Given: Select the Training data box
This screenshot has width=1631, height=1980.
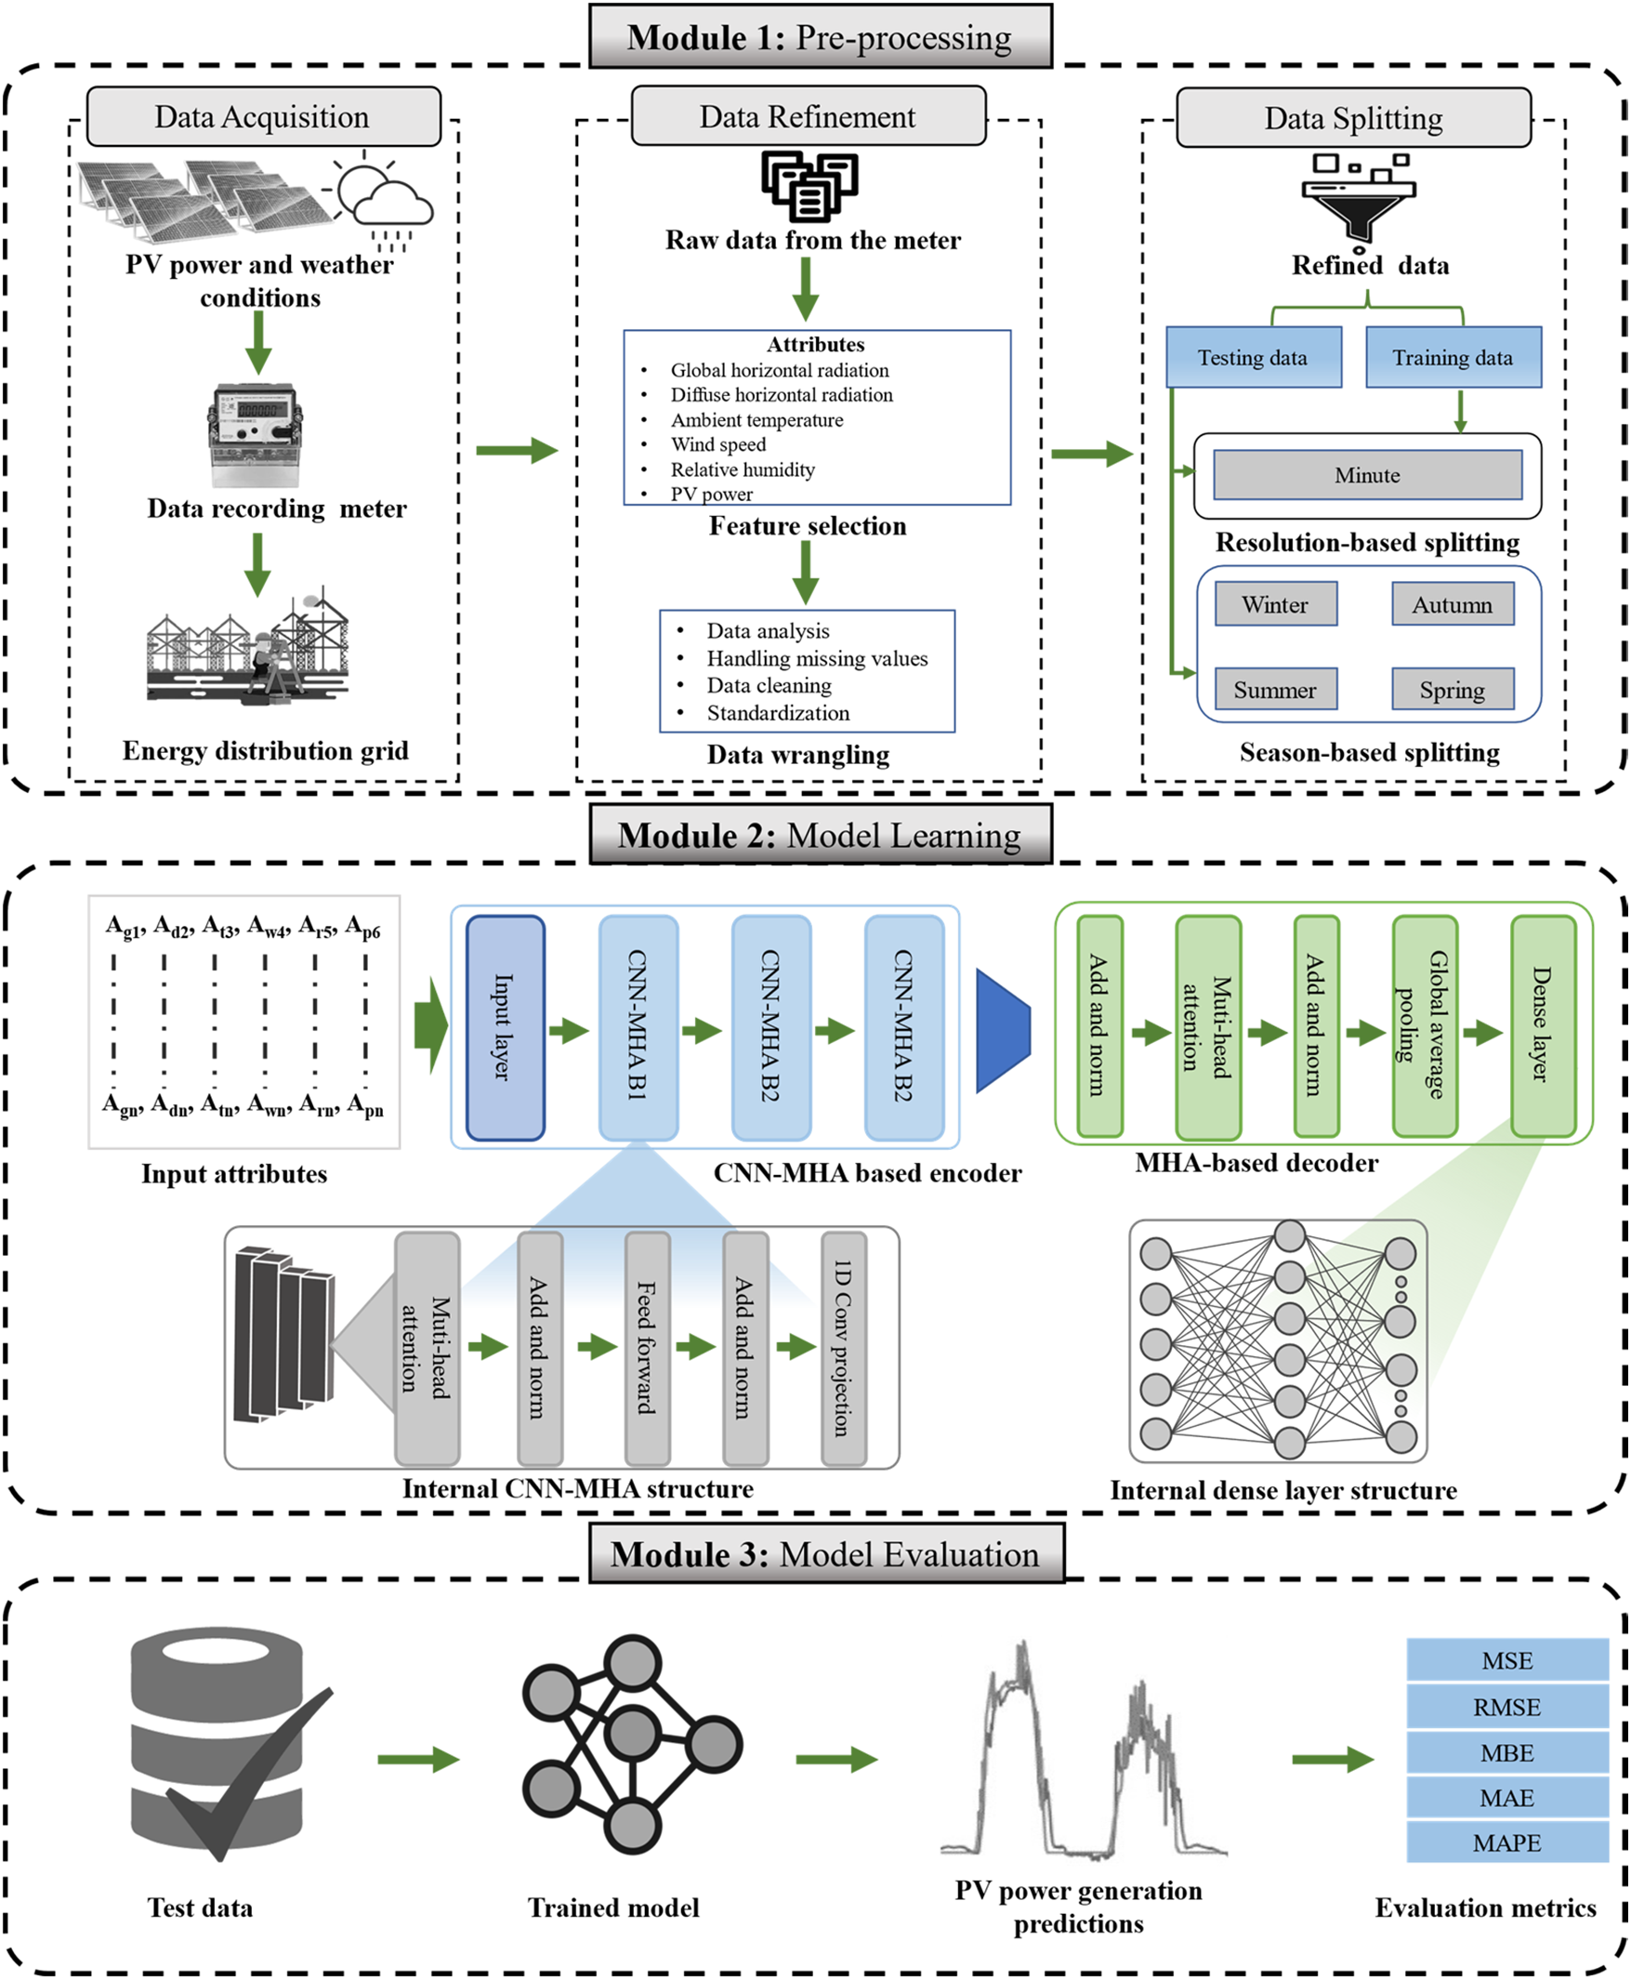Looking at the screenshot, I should click(1453, 357).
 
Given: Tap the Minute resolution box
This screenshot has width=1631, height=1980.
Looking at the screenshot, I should click(1368, 476).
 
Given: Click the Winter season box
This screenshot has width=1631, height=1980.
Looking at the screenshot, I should click(1276, 604).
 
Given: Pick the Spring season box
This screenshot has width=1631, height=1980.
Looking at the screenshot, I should click(1453, 691).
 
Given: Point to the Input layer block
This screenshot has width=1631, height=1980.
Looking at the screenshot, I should click(506, 1028).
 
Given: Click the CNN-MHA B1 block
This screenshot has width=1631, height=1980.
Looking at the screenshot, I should click(638, 1028).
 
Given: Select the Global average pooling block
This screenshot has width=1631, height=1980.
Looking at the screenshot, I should click(1425, 1026).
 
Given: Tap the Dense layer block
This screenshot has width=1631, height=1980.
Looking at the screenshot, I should click(1543, 1026).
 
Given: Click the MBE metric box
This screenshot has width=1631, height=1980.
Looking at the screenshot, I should click(1507, 1753).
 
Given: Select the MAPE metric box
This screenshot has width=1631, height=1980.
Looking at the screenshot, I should click(1507, 1843).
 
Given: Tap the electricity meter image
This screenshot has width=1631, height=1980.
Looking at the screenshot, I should click(255, 435).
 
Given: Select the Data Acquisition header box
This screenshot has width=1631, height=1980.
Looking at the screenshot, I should click(263, 116).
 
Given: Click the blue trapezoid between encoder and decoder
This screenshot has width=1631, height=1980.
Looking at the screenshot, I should click(1003, 1031).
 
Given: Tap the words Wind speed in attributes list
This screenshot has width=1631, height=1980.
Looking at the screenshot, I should click(718, 444).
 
